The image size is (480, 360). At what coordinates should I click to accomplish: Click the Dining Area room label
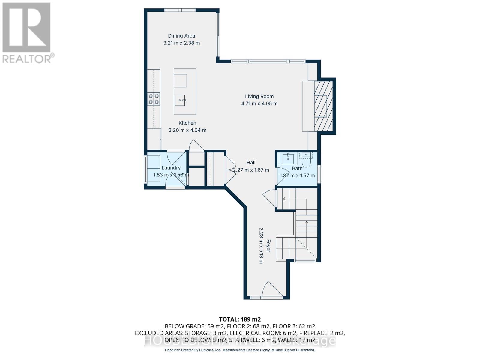[181, 36]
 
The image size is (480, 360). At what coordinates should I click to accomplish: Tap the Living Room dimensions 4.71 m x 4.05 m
[259, 103]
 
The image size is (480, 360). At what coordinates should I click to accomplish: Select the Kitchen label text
[187, 123]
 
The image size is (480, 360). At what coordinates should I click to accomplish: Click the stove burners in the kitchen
[154, 99]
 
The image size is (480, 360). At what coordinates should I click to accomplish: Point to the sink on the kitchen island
[180, 100]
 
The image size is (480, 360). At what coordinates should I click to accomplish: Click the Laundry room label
[171, 168]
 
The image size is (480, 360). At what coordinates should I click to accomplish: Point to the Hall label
[251, 163]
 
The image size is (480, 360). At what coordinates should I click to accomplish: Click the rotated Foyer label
[268, 245]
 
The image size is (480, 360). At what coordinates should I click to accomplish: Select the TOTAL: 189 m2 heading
[240, 319]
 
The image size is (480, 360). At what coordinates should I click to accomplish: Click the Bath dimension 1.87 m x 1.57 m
[297, 175]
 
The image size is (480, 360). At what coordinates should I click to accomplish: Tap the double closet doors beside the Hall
[230, 170]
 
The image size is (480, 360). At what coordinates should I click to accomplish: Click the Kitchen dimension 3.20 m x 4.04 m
[187, 130]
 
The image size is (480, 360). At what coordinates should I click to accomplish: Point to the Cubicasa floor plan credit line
[240, 350]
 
